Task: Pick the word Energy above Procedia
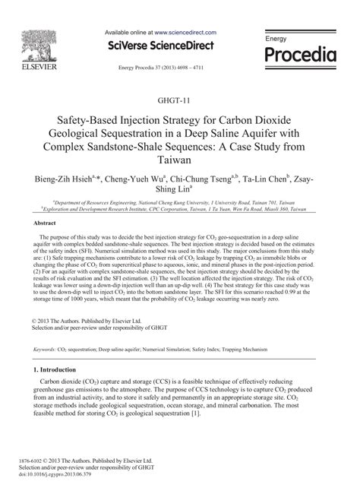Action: [x=276, y=37]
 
